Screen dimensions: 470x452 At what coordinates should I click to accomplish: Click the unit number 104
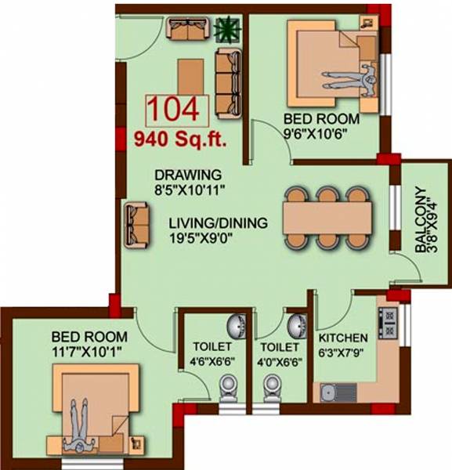pyautogui.click(x=176, y=109)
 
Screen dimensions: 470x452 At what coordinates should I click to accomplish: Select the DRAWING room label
pyautogui.click(x=188, y=175)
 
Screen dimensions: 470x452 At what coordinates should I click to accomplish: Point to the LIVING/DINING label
pyautogui.click(x=218, y=223)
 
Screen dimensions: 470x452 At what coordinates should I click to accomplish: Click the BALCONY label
pyautogui.click(x=422, y=219)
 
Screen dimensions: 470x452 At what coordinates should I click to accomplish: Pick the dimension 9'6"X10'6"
pyautogui.click(x=321, y=133)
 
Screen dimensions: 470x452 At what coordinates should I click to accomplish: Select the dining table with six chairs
pyautogui.click(x=324, y=218)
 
